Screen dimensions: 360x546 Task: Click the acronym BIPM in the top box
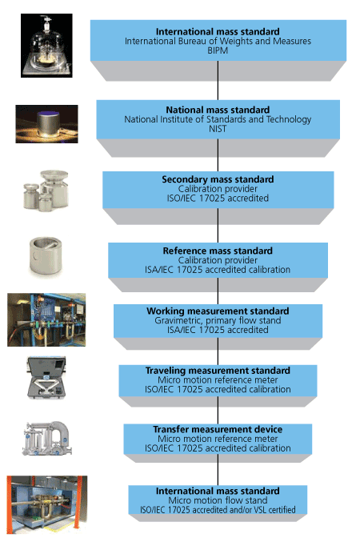(218, 51)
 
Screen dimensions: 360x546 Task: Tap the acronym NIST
(218, 129)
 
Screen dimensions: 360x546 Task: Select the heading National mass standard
(218, 110)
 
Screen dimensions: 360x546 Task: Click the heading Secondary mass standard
(218, 179)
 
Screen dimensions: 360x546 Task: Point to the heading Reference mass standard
(218, 251)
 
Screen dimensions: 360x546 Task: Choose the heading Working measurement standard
(218, 311)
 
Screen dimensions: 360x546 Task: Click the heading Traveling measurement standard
(218, 371)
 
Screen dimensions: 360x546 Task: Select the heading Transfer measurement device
(218, 430)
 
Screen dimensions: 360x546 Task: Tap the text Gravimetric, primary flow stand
(218, 321)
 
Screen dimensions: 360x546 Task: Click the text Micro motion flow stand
(218, 500)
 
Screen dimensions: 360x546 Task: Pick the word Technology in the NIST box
(289, 120)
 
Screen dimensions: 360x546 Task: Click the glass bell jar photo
(46, 46)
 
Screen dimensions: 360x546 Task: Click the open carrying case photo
(46, 377)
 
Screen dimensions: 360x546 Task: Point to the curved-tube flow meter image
(47, 439)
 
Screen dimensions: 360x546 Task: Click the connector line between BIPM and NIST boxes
(218, 80)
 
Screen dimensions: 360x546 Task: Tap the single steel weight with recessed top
(46, 255)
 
